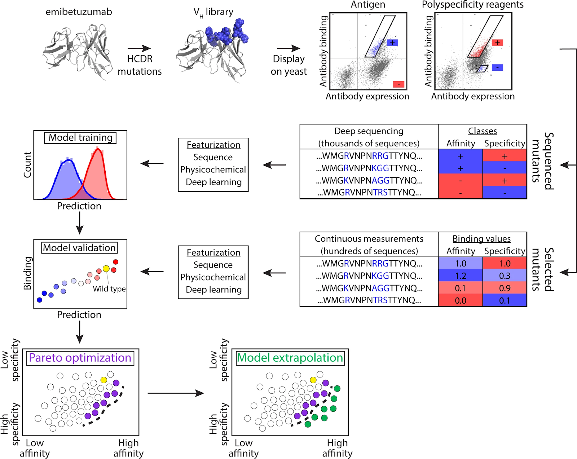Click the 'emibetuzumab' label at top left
click(x=79, y=12)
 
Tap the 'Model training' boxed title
click(x=80, y=138)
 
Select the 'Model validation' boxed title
click(x=79, y=248)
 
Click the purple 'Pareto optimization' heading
click(x=80, y=358)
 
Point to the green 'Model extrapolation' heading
click(x=290, y=358)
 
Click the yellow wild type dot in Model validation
click(x=106, y=269)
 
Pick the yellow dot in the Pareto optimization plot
click(x=104, y=380)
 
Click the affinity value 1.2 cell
click(x=461, y=276)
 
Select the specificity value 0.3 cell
click(x=505, y=276)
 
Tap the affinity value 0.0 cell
click(x=461, y=300)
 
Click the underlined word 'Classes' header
click(x=483, y=131)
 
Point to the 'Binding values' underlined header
click(x=481, y=239)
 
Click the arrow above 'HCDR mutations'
click(x=139, y=48)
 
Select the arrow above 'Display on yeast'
click(x=288, y=48)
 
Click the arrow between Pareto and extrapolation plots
click(x=176, y=393)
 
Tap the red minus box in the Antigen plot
click(x=398, y=84)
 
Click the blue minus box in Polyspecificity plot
click(x=497, y=67)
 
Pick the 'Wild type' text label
click(x=109, y=289)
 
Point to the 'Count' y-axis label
click(x=27, y=164)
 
